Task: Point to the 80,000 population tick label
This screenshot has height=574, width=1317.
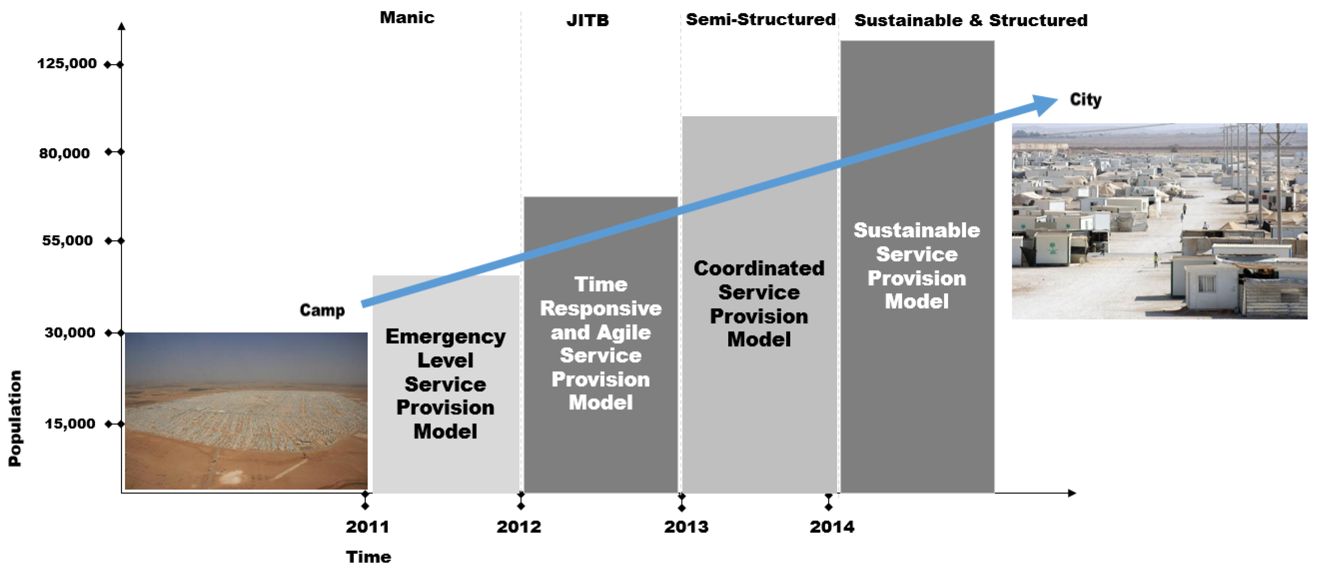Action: (x=64, y=153)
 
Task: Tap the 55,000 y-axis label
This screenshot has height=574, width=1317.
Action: (x=67, y=240)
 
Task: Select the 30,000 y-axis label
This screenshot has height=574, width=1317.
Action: (x=69, y=333)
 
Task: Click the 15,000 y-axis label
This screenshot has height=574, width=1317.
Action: (x=69, y=424)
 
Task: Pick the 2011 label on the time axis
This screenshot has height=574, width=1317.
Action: (x=367, y=526)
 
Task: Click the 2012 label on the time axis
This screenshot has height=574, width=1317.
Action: (x=519, y=526)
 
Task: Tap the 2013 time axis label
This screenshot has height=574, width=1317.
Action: (x=686, y=526)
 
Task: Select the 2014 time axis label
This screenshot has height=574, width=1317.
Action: (x=832, y=526)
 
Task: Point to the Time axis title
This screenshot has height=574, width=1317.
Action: (x=368, y=556)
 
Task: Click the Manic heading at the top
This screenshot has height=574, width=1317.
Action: (x=407, y=18)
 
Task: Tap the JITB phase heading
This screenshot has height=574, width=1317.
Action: (x=587, y=20)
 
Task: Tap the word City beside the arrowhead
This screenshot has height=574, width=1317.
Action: (x=1085, y=100)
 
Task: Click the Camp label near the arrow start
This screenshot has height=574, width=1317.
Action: (x=322, y=310)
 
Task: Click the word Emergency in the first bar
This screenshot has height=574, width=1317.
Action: (x=445, y=336)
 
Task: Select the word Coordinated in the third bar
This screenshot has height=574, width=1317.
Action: (x=759, y=268)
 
